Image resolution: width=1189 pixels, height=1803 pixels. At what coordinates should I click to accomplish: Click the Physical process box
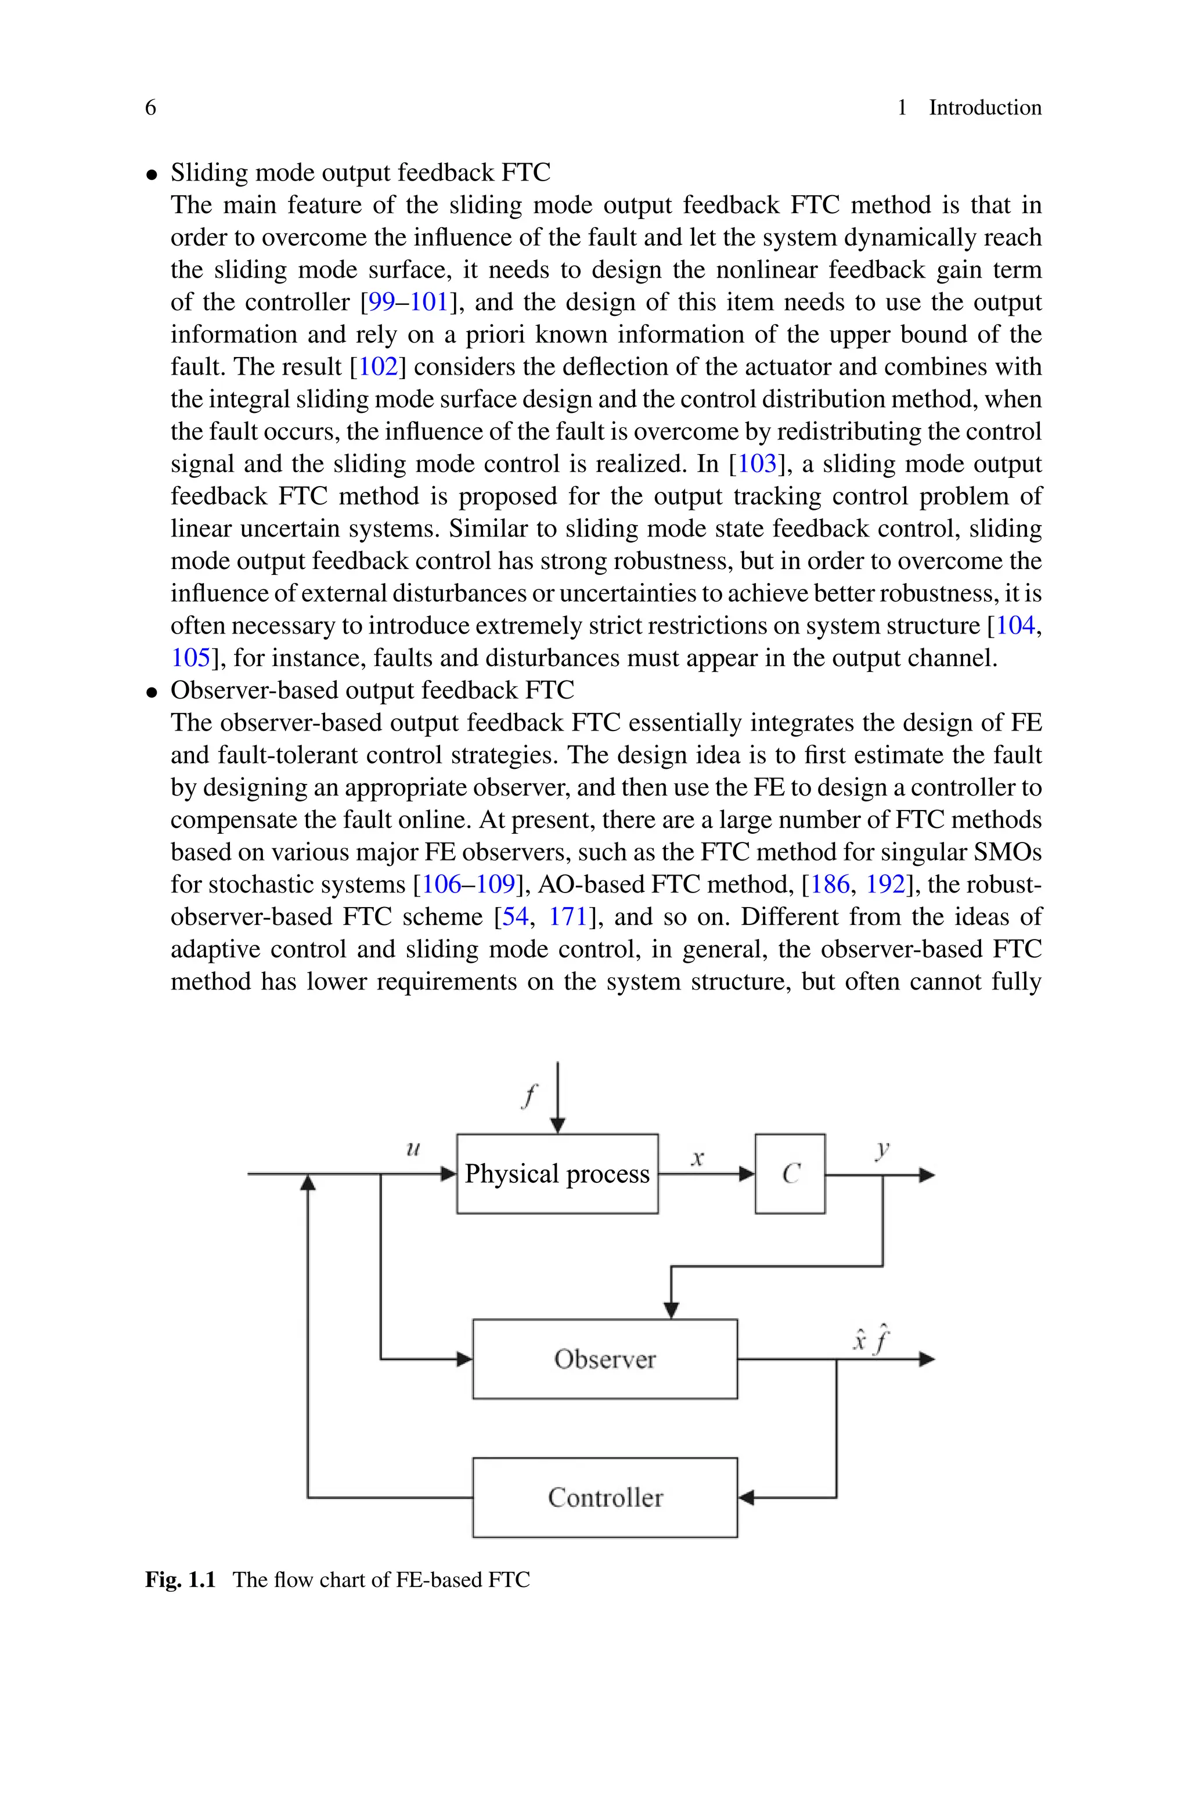(557, 1174)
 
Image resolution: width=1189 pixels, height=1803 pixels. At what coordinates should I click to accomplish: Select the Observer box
(604, 1359)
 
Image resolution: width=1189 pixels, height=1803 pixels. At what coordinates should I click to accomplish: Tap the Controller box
(604, 1498)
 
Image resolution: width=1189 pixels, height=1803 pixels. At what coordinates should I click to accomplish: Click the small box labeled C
(790, 1174)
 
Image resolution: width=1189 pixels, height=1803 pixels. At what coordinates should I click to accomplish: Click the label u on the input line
(413, 1149)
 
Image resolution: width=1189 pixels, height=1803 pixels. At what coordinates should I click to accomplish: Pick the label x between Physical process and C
(698, 1158)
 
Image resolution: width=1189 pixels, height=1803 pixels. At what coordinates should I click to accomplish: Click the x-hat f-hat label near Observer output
(870, 1340)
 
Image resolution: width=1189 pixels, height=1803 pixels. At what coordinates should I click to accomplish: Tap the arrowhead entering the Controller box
(746, 1498)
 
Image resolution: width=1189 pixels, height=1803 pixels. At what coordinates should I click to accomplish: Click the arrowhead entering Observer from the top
(671, 1309)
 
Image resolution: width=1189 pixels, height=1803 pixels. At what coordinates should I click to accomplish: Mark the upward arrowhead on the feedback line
(308, 1183)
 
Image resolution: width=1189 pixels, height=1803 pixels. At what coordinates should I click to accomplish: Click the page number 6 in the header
(150, 107)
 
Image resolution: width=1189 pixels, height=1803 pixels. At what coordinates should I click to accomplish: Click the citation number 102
(377, 367)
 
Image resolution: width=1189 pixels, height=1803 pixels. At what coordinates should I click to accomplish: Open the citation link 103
(758, 464)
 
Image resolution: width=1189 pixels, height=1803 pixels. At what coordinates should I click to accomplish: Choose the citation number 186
(830, 884)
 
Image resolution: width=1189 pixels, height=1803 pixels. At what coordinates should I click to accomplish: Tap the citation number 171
(568, 917)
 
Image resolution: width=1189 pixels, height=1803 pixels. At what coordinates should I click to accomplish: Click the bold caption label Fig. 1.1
(181, 1579)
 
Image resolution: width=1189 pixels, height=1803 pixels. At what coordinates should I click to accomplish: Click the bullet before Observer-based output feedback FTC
(153, 692)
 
